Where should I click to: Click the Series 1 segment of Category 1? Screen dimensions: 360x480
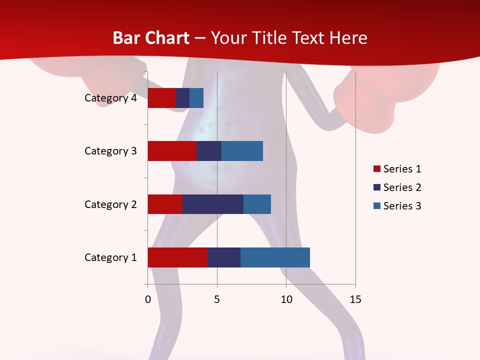pyautogui.click(x=177, y=257)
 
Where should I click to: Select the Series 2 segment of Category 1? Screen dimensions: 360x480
pyautogui.click(x=224, y=257)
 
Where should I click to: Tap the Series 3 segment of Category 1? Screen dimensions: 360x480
pyautogui.click(x=275, y=257)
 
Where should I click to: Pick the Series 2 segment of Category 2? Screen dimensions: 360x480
pyautogui.click(x=213, y=204)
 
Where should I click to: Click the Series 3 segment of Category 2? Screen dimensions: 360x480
pyautogui.click(x=257, y=204)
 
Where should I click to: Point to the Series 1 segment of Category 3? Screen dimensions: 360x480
pyautogui.click(x=172, y=151)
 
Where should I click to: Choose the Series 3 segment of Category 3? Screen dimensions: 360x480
pyautogui.click(x=242, y=151)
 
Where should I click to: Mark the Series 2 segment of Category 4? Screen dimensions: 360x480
pyautogui.click(x=182, y=98)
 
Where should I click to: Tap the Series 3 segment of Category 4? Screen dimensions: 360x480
pyautogui.click(x=196, y=98)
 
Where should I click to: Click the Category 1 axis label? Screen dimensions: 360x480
pyautogui.click(x=110, y=257)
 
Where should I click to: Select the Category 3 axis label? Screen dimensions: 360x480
pyautogui.click(x=110, y=151)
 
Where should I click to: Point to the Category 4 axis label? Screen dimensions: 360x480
pyautogui.click(x=110, y=98)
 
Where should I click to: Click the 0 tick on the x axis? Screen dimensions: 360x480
pyautogui.click(x=148, y=299)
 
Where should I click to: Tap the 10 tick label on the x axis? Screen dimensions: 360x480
pyautogui.click(x=286, y=299)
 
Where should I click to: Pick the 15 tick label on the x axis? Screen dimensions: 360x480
pyautogui.click(x=355, y=299)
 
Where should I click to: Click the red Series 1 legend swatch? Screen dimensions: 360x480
pyautogui.click(x=376, y=169)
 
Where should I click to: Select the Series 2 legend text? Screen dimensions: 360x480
pyautogui.click(x=402, y=187)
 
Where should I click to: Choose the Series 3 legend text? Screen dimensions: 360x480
pyautogui.click(x=402, y=206)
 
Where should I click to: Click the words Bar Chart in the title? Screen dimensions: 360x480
pyautogui.click(x=151, y=38)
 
